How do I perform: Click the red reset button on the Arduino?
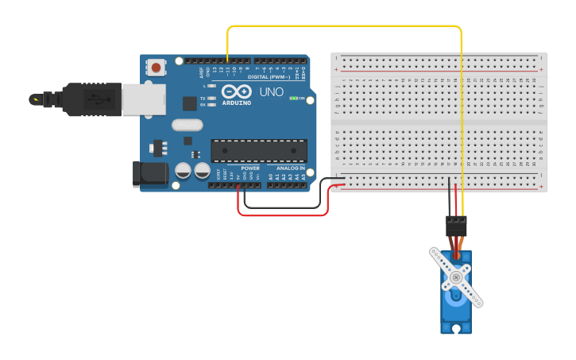[x=156, y=68]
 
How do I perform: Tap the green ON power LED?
[x=293, y=98]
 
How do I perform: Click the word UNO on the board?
[x=271, y=92]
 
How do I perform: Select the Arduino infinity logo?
[x=236, y=91]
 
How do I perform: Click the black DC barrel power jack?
[x=149, y=174]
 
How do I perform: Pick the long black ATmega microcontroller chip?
[x=258, y=151]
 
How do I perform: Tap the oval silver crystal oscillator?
[x=187, y=125]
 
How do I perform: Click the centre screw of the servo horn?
[x=456, y=277]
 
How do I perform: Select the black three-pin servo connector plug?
[x=456, y=223]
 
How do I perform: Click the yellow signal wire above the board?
[x=342, y=26]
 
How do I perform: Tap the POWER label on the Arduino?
[x=250, y=168]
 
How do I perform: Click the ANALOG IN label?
[x=291, y=168]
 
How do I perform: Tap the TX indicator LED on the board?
[x=211, y=99]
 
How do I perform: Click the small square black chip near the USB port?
[x=189, y=103]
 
